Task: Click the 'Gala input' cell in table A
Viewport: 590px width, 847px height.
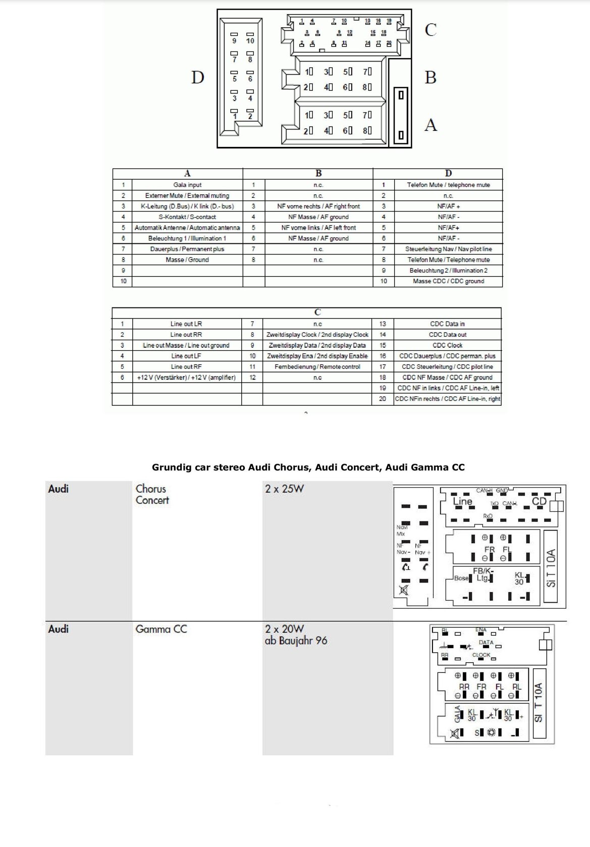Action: click(187, 185)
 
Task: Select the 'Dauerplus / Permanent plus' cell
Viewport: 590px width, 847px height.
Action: click(187, 249)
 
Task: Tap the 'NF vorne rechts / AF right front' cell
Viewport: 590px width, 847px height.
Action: click(318, 206)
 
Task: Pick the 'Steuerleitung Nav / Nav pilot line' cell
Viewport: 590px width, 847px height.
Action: click(448, 249)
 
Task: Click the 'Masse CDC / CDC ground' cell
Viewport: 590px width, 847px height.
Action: click(448, 281)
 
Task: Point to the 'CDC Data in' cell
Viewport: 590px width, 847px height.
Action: click(447, 324)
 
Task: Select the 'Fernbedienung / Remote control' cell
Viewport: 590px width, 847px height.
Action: click(317, 366)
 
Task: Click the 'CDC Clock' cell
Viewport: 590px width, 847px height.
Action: click(447, 345)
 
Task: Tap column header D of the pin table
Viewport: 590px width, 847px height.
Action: click(448, 174)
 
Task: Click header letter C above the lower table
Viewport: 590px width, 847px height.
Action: click(317, 312)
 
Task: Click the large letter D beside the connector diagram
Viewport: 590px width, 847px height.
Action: click(197, 78)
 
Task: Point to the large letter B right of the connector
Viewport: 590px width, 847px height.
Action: click(430, 78)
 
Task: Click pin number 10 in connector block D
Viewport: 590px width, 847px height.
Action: click(250, 41)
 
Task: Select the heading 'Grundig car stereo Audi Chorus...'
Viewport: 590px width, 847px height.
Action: click(308, 467)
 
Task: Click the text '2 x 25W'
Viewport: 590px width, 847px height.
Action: click(284, 489)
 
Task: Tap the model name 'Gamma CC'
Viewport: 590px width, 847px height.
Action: click(161, 629)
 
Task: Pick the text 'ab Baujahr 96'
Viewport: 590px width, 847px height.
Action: click(296, 641)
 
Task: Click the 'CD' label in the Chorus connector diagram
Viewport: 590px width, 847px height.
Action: click(539, 501)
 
